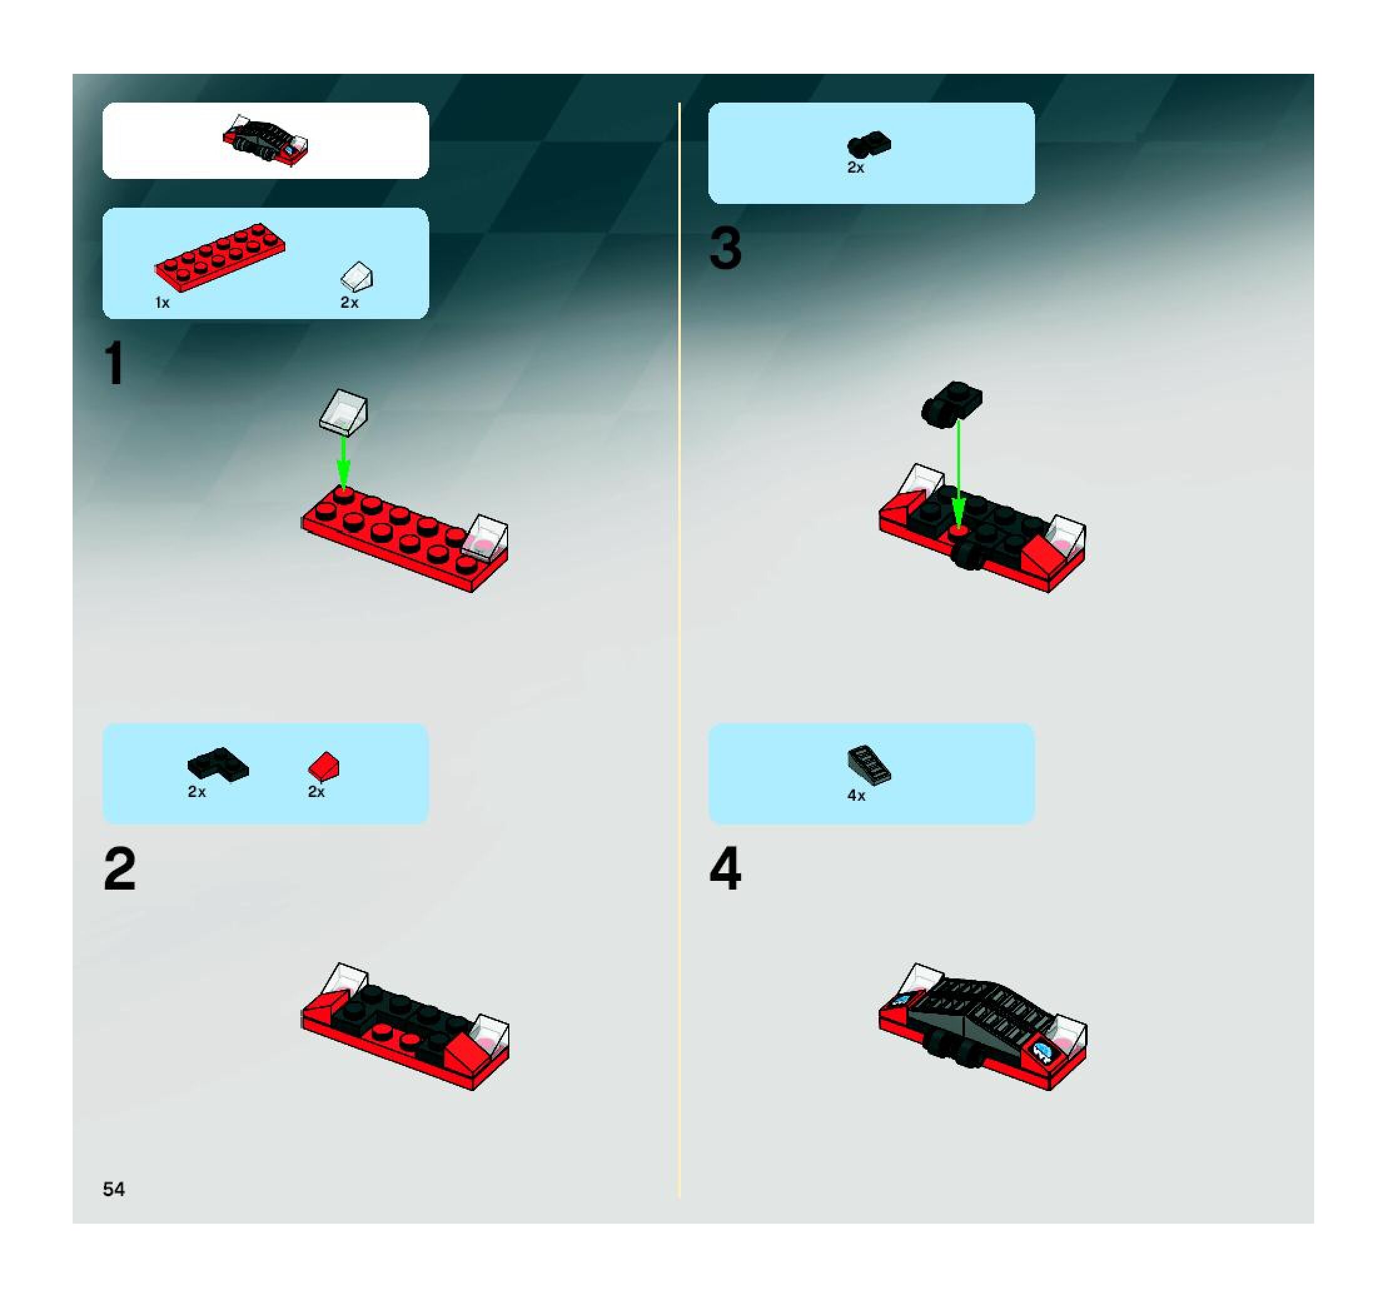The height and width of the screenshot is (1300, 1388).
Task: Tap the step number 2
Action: point(120,868)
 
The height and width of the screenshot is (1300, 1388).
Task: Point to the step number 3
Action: point(725,248)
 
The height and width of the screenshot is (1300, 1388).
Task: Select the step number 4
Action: point(725,868)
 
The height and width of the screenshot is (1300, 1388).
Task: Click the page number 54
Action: point(114,1189)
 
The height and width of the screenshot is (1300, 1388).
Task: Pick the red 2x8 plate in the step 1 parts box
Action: point(220,256)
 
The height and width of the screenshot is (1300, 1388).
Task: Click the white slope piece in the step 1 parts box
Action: point(357,277)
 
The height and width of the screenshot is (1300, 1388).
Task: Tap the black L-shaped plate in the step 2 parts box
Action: point(218,764)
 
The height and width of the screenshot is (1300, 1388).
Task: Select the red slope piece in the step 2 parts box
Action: point(324,766)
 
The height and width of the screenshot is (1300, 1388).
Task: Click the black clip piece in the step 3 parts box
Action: point(869,144)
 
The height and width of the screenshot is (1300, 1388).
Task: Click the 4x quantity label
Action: point(856,796)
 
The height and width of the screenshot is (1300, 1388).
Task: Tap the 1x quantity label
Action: point(162,303)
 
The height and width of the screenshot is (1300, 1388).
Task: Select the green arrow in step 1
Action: point(343,462)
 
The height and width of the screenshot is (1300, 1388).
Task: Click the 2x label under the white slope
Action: point(349,303)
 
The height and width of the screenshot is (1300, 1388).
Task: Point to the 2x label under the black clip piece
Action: point(855,168)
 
